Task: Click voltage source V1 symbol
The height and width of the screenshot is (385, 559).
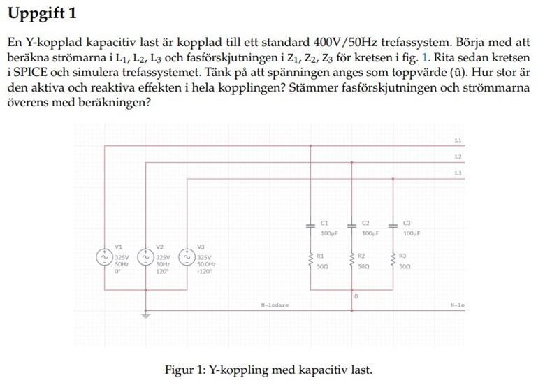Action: [105, 258]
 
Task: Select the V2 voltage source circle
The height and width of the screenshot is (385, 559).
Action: [145, 258]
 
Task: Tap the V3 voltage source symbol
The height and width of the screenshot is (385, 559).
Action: [187, 258]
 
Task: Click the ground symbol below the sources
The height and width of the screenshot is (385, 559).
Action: [145, 315]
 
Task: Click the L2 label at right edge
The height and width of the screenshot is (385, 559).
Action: [458, 157]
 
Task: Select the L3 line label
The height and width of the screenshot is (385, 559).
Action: [458, 172]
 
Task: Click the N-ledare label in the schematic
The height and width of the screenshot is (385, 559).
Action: [275, 305]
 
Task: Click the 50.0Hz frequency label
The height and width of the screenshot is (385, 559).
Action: [207, 265]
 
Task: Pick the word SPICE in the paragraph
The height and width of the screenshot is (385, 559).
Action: [31, 72]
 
